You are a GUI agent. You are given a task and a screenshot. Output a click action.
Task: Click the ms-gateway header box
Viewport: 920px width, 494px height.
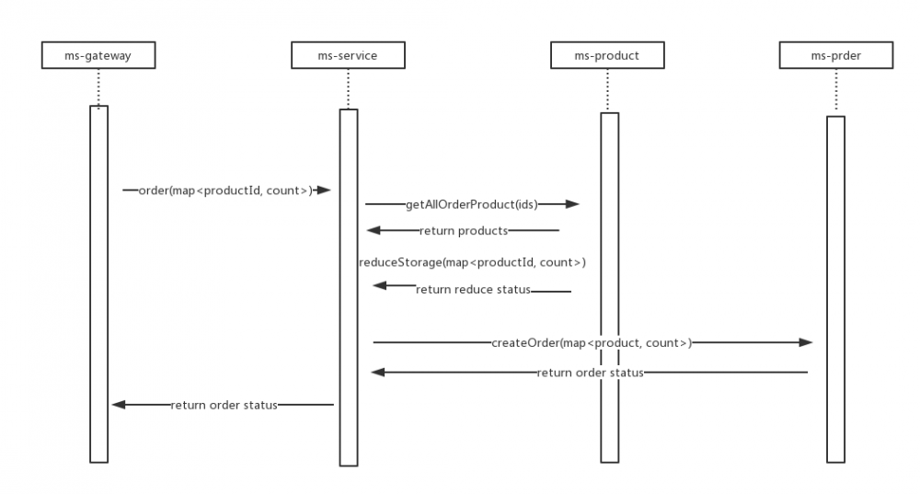98,56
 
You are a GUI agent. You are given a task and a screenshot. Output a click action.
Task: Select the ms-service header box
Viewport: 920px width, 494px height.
348,56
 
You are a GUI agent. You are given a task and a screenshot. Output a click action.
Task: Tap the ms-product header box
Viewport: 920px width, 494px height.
607,56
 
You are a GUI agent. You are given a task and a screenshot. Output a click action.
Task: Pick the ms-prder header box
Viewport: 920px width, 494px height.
836,56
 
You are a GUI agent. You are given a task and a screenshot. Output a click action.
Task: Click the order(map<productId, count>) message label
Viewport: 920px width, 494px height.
224,190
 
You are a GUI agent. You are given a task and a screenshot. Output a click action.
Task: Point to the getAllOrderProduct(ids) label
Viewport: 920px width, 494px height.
471,204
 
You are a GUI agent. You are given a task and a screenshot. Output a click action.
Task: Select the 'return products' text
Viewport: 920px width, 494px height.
464,230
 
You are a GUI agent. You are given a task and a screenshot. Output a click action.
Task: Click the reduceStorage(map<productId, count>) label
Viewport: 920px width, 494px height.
472,262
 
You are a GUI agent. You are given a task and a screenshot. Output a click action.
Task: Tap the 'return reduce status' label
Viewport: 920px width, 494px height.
473,289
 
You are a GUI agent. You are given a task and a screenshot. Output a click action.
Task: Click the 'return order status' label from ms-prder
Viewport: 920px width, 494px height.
590,373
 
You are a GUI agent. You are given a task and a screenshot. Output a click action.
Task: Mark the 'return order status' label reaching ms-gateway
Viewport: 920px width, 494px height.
224,404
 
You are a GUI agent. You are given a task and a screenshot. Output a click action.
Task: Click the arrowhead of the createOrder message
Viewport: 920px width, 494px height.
806,342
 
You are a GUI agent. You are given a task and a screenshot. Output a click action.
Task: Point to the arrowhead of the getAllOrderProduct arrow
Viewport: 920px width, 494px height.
572,204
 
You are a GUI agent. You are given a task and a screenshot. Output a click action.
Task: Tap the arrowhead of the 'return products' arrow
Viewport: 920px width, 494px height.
374,230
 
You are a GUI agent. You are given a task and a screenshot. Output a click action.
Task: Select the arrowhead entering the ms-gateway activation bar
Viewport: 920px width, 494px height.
118,404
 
